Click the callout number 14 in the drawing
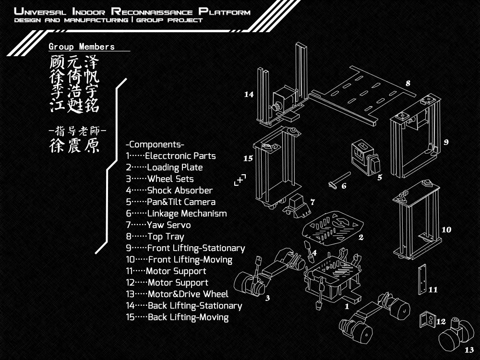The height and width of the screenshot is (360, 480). pyautogui.click(x=249, y=95)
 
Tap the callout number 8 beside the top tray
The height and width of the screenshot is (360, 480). pyautogui.click(x=408, y=83)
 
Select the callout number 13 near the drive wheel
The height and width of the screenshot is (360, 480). pyautogui.click(x=469, y=350)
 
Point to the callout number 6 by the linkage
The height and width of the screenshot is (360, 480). pyautogui.click(x=344, y=186)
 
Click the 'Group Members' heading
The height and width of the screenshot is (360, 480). pyautogui.click(x=82, y=47)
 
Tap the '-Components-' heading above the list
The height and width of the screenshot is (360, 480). pyautogui.click(x=155, y=144)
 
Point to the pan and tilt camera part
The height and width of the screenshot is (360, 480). pyautogui.click(x=364, y=156)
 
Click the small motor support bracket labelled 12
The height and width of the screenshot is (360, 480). pyautogui.click(x=427, y=319)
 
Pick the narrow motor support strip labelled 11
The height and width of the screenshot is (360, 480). pyautogui.click(x=422, y=279)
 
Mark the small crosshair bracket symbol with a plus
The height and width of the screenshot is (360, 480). pyautogui.click(x=240, y=180)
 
